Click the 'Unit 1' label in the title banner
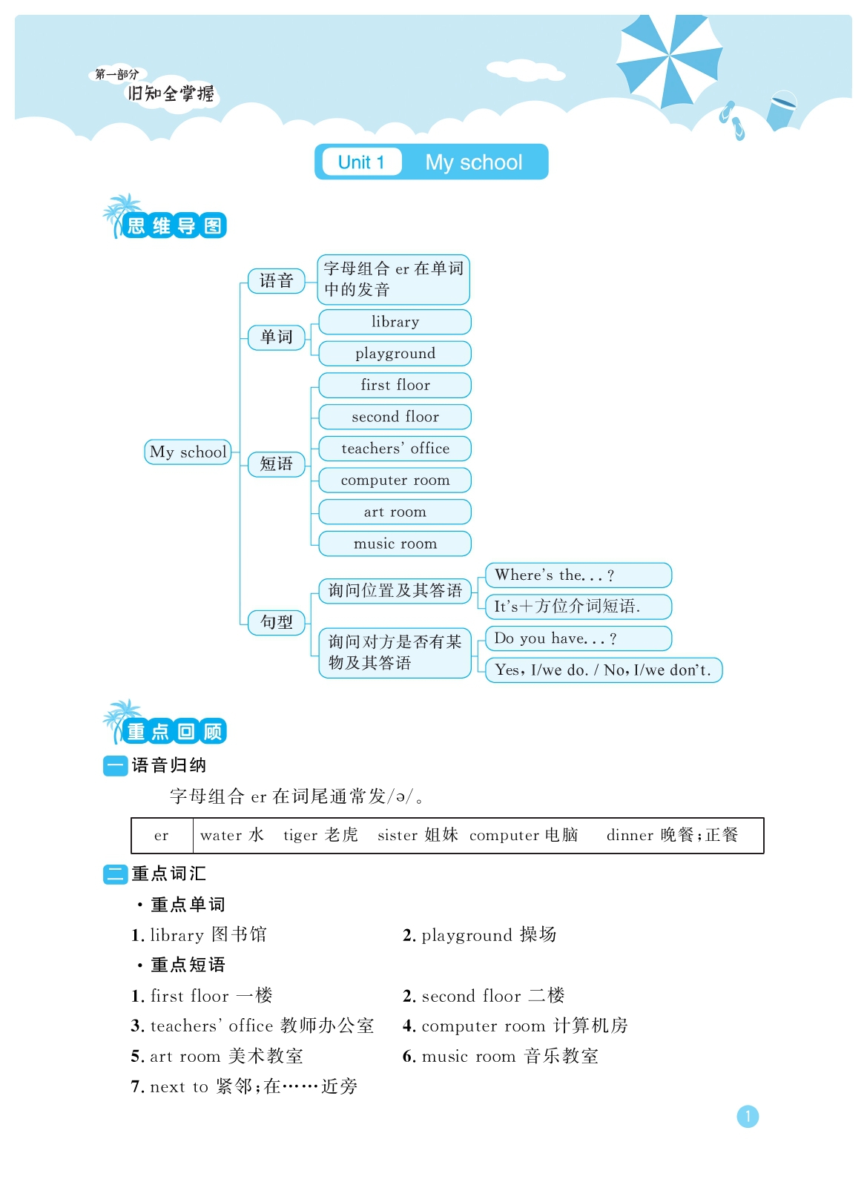[x=361, y=162]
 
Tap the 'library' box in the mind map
[x=395, y=322]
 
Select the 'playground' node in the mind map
[x=395, y=354]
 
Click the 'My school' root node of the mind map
[x=188, y=452]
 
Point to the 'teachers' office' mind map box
[x=395, y=449]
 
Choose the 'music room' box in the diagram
[x=395, y=544]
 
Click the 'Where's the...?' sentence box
[x=578, y=575]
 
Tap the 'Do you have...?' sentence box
[x=578, y=638]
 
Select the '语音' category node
[x=277, y=281]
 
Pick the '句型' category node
[x=277, y=622]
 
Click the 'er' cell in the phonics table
[x=162, y=835]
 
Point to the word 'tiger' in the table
[x=300, y=835]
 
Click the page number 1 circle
[x=748, y=1117]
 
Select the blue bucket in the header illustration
[x=782, y=110]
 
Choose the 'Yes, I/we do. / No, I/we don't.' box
[x=604, y=670]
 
